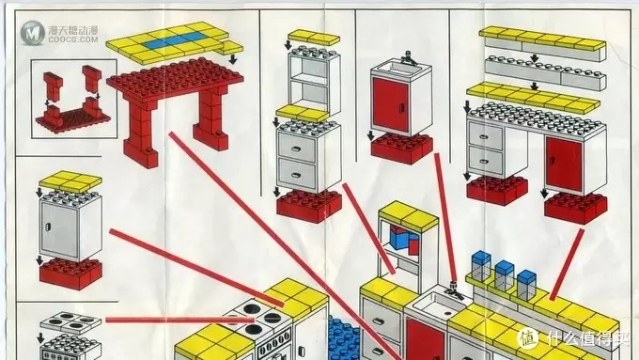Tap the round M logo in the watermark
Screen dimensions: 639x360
pos(32,33)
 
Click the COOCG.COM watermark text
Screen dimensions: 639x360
pos(73,39)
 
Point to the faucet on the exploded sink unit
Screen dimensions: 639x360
pos(409,58)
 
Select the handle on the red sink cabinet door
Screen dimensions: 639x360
pos(401,108)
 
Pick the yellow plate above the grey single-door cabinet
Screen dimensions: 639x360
pos(70,181)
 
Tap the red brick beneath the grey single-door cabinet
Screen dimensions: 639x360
pos(70,274)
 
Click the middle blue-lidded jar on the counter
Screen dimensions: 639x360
pos(505,275)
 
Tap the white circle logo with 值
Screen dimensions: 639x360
pos(528,338)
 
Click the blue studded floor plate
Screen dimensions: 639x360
pos(344,337)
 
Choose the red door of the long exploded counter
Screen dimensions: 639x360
pos(564,164)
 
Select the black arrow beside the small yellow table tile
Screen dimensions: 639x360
pos(233,59)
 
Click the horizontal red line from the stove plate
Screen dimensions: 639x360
pos(179,320)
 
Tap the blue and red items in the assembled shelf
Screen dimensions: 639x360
pos(404,240)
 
